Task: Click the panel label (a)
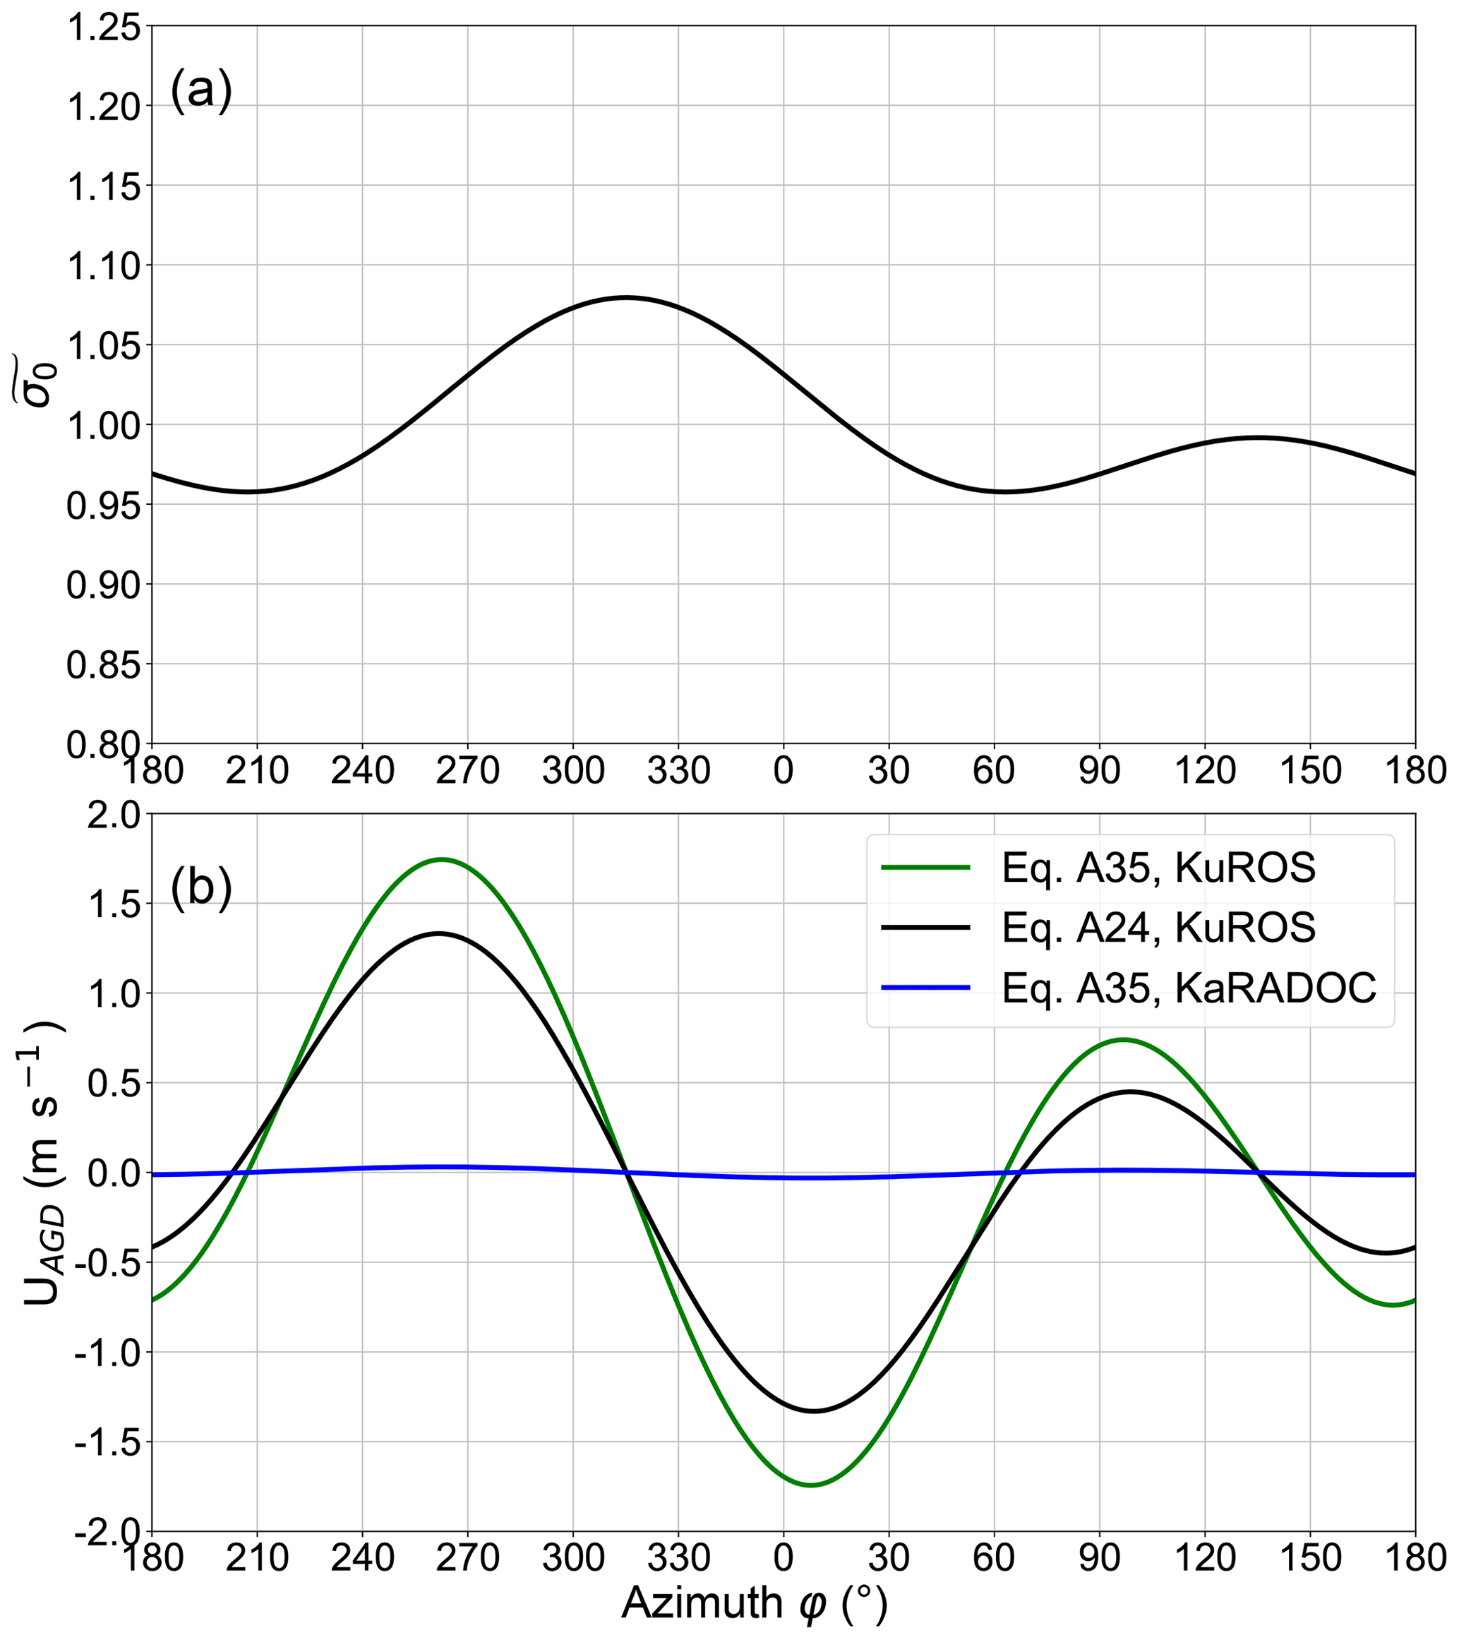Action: click(200, 90)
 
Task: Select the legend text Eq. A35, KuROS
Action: click(1159, 868)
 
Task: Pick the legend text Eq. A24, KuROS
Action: click(1159, 928)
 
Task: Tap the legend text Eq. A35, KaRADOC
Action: click(1189, 988)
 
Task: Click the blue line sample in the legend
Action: click(926, 988)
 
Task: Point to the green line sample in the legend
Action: click(926, 868)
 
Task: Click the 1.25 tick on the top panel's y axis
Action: click(102, 28)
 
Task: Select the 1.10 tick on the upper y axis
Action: click(102, 265)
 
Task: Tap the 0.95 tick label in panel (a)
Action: click(102, 505)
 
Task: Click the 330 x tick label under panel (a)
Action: click(678, 771)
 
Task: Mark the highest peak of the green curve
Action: click(441, 859)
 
